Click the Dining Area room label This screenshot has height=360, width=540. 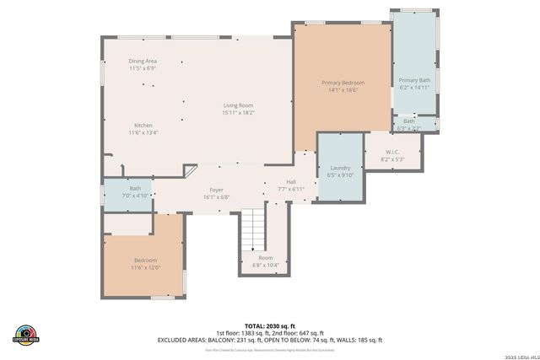(x=143, y=62)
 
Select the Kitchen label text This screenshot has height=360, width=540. (x=143, y=126)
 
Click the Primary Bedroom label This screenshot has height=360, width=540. (x=343, y=83)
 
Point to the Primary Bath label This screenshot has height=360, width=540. (x=413, y=80)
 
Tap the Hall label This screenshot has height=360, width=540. (x=290, y=182)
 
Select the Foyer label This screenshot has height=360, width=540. (x=216, y=191)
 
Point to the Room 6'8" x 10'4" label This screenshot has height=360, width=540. (x=265, y=258)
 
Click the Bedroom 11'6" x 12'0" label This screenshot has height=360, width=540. (x=145, y=261)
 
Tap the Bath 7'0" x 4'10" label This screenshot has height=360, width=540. (x=135, y=189)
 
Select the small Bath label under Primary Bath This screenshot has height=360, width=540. (x=409, y=121)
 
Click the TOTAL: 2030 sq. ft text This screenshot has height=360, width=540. (x=269, y=325)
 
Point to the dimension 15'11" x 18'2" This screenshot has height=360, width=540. (x=238, y=112)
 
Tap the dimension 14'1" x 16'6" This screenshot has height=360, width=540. (x=343, y=90)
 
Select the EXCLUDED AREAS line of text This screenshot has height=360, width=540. (x=269, y=340)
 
